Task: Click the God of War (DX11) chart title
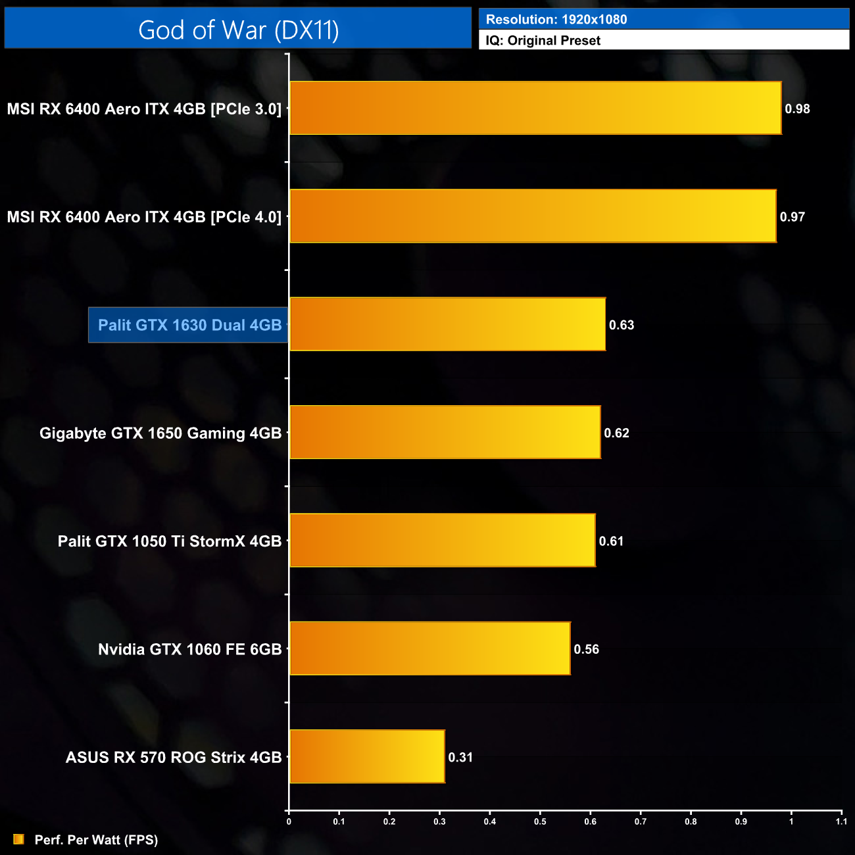click(238, 30)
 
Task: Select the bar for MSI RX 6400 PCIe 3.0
click(535, 109)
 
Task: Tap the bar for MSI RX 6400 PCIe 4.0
click(533, 216)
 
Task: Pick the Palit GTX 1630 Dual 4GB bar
click(447, 324)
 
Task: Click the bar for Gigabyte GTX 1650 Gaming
click(445, 432)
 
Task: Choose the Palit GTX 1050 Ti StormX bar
click(442, 541)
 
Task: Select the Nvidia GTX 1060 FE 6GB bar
click(429, 648)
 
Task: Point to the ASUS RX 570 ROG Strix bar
click(367, 756)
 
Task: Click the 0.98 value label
click(797, 109)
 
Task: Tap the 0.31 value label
click(460, 758)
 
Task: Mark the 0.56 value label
click(586, 650)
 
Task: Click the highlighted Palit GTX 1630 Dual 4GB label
click(189, 325)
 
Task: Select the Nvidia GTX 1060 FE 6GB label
click(189, 650)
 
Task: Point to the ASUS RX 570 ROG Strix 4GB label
click(174, 758)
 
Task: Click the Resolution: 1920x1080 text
click(556, 20)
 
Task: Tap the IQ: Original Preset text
click(543, 41)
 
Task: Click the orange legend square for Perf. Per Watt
click(18, 839)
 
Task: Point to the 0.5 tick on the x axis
click(540, 821)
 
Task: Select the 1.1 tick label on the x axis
click(841, 821)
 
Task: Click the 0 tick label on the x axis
click(289, 821)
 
